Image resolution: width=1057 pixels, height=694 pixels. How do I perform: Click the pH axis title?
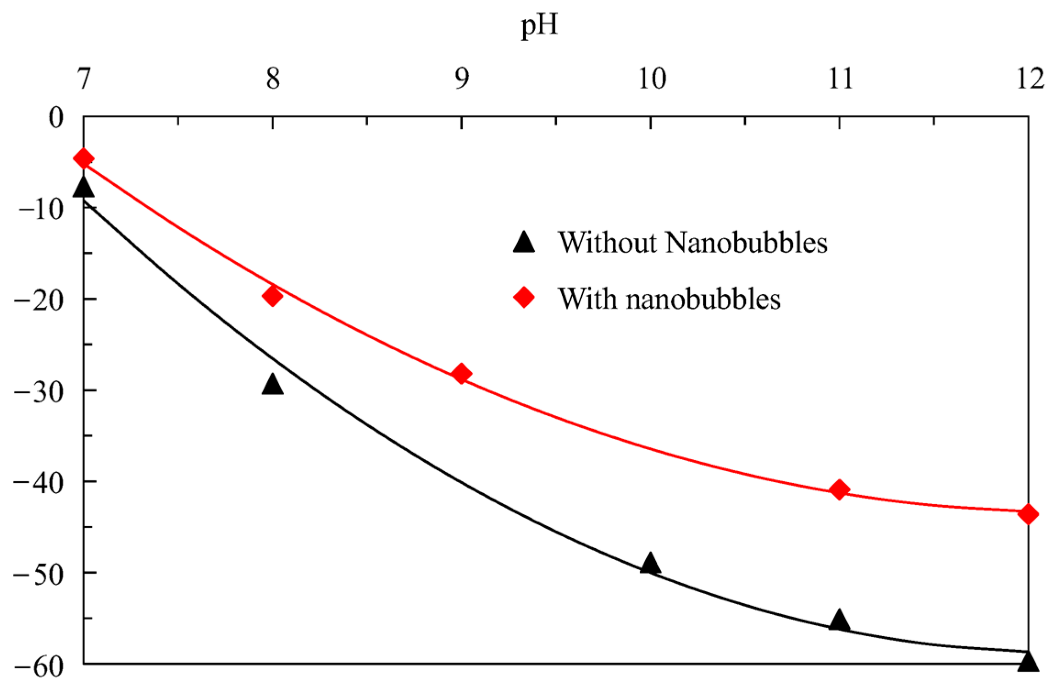coord(539,25)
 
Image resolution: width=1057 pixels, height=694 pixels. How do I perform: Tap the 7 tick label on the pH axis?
coord(84,78)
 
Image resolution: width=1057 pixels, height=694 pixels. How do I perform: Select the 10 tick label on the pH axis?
coord(652,78)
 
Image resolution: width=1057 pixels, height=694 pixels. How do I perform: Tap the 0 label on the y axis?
coord(56,118)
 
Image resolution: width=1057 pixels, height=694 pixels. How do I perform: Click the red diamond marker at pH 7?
coord(83,159)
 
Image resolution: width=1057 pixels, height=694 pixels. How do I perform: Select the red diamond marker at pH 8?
coord(272,296)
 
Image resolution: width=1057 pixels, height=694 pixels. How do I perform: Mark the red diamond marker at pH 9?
coord(461,374)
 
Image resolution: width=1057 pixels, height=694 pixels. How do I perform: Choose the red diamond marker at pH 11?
coord(839,490)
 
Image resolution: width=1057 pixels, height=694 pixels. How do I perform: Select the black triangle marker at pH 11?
coord(839,621)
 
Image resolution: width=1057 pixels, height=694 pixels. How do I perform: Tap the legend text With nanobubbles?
coord(669,299)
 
